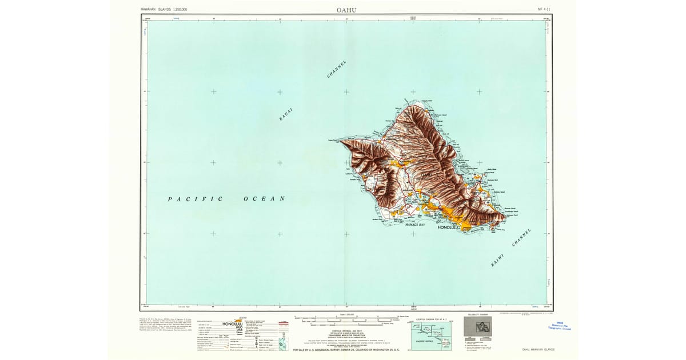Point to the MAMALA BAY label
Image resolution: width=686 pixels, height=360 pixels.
(415, 225)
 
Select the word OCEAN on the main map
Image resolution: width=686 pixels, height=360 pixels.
(264, 199)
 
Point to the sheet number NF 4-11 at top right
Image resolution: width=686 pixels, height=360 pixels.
(545, 9)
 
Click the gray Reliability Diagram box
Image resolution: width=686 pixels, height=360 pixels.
(477, 326)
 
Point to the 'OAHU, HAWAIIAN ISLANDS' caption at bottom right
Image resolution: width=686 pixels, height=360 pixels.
(538, 349)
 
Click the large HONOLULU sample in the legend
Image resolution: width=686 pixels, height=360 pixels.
(233, 324)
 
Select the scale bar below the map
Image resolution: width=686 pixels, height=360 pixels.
(343, 317)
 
